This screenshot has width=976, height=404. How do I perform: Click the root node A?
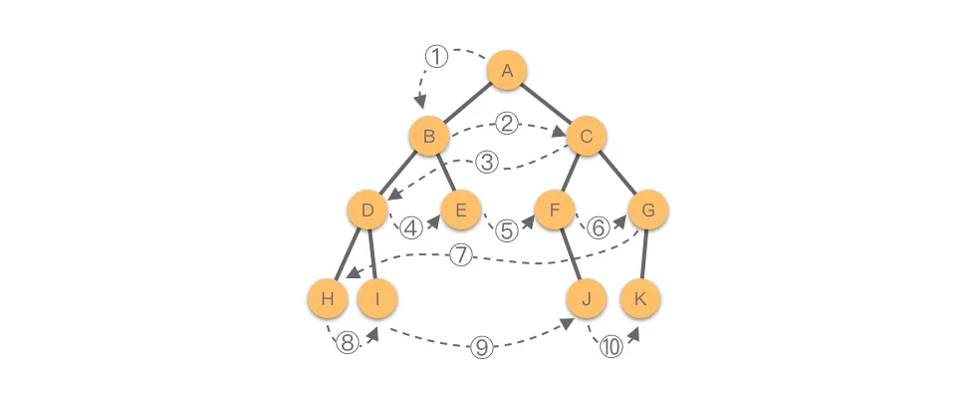coord(507,70)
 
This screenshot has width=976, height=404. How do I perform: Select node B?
coord(429,137)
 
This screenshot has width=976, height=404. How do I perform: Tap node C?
coord(588,137)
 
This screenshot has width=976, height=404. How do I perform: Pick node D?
coord(367,209)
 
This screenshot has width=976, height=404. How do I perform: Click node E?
coord(461,209)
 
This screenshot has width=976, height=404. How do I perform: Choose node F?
coord(555,209)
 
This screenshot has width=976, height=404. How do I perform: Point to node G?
coord(648,209)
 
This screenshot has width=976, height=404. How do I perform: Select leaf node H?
coord(328,297)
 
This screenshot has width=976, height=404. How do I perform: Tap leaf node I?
coord(377,297)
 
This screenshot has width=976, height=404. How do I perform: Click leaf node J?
coord(587,297)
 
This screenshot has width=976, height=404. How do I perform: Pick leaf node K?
coord(640,297)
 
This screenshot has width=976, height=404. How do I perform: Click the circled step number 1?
coord(436,57)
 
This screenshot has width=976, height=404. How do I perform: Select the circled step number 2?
coord(507,124)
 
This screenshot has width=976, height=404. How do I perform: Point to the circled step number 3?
coord(486,161)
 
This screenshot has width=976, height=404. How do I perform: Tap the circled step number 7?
coord(460,255)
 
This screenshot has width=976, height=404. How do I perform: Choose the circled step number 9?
coord(481,347)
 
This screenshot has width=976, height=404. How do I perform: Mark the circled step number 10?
coord(609,347)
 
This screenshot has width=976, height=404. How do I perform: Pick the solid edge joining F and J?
coord(571,253)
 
